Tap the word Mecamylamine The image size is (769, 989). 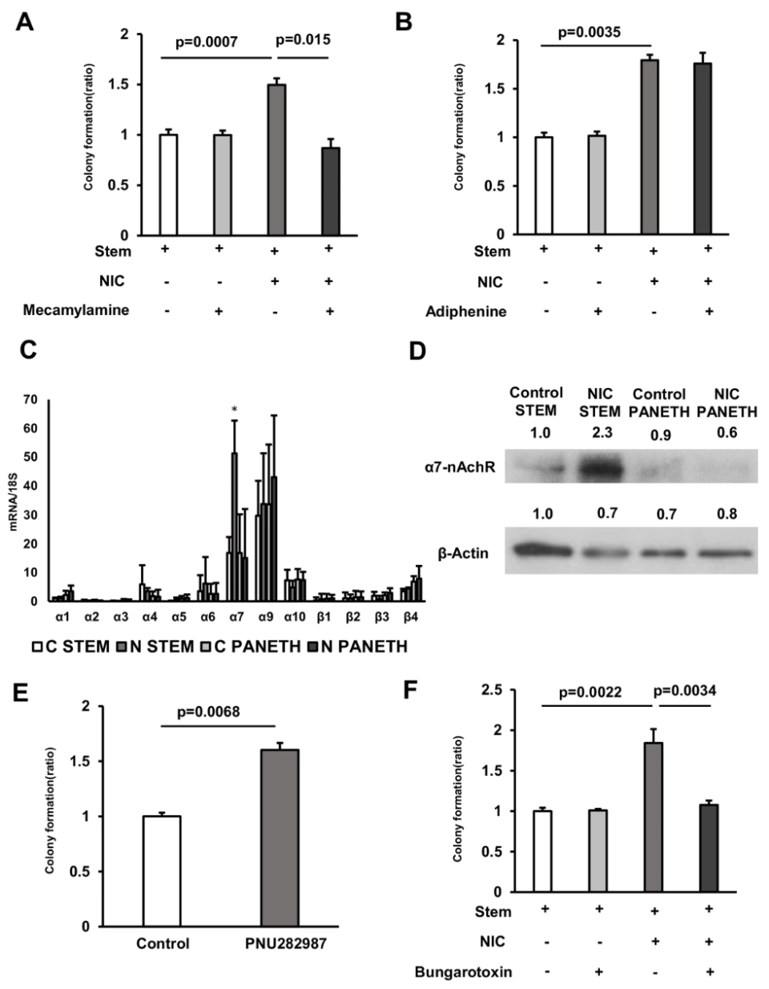(76, 310)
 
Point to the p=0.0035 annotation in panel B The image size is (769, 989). (589, 32)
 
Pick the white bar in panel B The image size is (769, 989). (543, 185)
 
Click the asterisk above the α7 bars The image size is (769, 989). (235, 410)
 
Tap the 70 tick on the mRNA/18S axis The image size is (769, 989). (32, 399)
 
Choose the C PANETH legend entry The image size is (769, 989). (257, 646)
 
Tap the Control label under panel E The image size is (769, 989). (163, 943)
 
